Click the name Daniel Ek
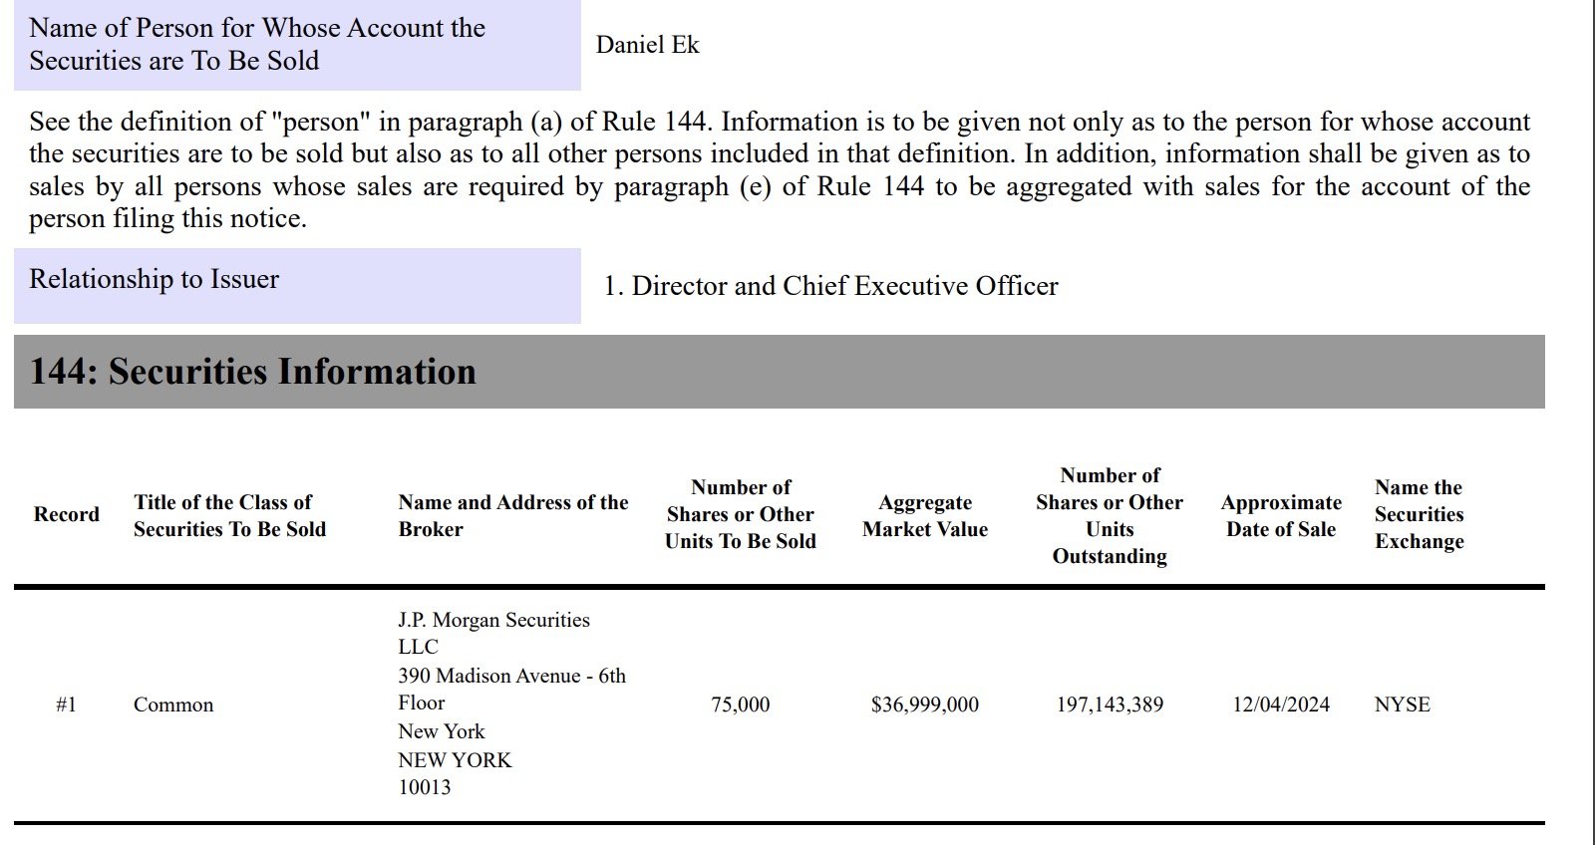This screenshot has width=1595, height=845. (x=647, y=45)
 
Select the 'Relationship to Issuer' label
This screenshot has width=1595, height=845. (x=154, y=279)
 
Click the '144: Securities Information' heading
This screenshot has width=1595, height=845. (x=253, y=372)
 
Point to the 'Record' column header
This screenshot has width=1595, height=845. (x=67, y=514)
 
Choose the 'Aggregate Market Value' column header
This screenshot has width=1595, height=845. (x=925, y=516)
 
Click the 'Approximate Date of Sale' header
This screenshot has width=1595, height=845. (x=1281, y=516)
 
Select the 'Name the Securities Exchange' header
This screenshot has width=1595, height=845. (x=1419, y=514)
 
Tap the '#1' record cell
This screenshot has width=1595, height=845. (x=67, y=704)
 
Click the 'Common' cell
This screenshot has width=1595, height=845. (x=173, y=704)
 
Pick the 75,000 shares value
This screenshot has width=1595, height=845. (x=740, y=704)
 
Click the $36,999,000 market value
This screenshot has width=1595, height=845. (x=925, y=704)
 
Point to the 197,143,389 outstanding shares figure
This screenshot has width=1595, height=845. (x=1110, y=704)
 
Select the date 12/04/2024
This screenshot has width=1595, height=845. (x=1281, y=704)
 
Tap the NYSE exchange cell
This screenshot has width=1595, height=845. (x=1402, y=704)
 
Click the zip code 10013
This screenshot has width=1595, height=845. (x=425, y=787)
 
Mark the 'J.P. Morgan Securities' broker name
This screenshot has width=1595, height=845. (x=493, y=620)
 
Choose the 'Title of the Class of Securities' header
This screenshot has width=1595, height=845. (x=229, y=516)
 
